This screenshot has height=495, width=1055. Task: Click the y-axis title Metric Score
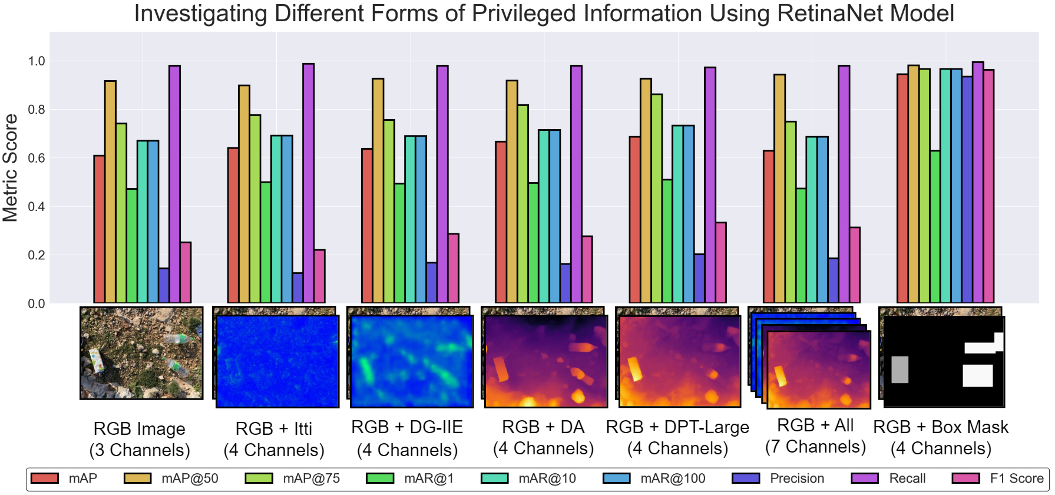(10, 168)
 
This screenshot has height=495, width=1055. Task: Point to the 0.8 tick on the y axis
(36, 110)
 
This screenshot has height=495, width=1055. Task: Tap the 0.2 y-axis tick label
(36, 255)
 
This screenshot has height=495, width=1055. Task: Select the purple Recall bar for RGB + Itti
(308, 183)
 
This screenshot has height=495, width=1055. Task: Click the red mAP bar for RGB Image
(99, 230)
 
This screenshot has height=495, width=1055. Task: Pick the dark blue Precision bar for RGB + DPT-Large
(699, 279)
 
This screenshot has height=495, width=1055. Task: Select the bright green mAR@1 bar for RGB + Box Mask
(935, 227)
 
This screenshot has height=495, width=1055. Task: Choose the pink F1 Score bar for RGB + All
(855, 265)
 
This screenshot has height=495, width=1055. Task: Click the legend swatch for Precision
(745, 478)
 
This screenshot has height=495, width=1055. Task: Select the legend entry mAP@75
(311, 478)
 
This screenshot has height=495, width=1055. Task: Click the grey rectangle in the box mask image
(899, 369)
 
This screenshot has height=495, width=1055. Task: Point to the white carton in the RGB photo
(96, 360)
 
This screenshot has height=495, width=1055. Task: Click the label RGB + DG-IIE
(407, 427)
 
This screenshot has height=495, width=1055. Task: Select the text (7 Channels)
(815, 447)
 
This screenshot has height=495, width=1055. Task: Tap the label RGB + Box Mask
(941, 427)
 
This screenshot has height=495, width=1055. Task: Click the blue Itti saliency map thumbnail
(277, 361)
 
